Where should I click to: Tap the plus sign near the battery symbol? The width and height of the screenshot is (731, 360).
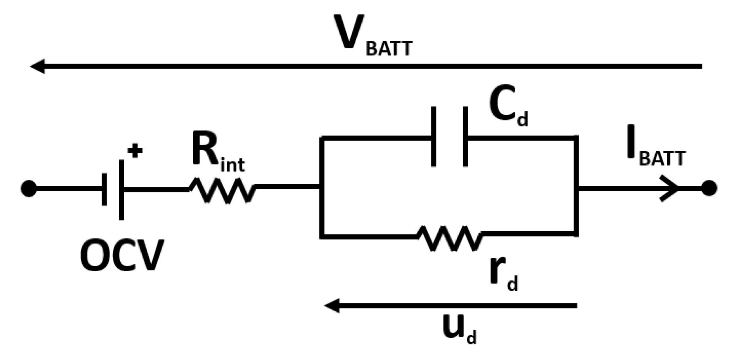coord(135,151)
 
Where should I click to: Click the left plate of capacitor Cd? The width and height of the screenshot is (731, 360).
coord(434,136)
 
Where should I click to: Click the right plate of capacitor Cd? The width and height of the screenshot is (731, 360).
coord(465,136)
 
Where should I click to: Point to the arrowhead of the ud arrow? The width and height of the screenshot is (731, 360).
coord(332,306)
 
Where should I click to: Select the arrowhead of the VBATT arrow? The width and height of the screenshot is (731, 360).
coord(38,66)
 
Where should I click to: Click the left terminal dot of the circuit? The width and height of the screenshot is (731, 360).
coord(28,189)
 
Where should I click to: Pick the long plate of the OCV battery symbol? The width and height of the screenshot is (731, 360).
coord(121,189)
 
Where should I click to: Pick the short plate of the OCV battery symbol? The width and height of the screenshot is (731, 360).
coord(104,189)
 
